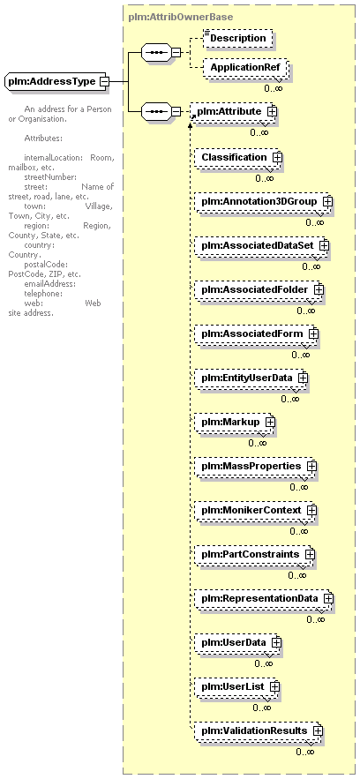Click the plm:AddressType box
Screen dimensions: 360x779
(x=56, y=81)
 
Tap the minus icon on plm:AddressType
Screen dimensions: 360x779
(x=104, y=81)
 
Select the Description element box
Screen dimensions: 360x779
(x=238, y=38)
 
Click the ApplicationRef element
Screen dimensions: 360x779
(x=244, y=68)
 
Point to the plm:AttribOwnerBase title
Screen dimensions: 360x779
(x=180, y=17)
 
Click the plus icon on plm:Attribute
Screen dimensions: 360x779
(x=271, y=112)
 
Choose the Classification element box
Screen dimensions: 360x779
(x=238, y=158)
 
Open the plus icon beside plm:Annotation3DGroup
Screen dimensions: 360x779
(x=326, y=202)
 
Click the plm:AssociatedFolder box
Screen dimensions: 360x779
(x=258, y=289)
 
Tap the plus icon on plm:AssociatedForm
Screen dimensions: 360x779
(x=312, y=333)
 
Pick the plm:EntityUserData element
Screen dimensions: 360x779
(x=250, y=378)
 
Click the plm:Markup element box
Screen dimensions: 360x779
(x=233, y=422)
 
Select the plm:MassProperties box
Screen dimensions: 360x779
(x=254, y=466)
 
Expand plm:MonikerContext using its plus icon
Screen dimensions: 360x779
(x=311, y=510)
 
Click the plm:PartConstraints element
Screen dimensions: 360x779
(x=253, y=554)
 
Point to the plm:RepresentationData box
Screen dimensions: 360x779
(x=263, y=598)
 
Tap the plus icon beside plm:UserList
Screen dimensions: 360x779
(x=274, y=686)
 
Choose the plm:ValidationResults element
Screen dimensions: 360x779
(x=258, y=730)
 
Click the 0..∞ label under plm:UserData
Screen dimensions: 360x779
(x=264, y=663)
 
